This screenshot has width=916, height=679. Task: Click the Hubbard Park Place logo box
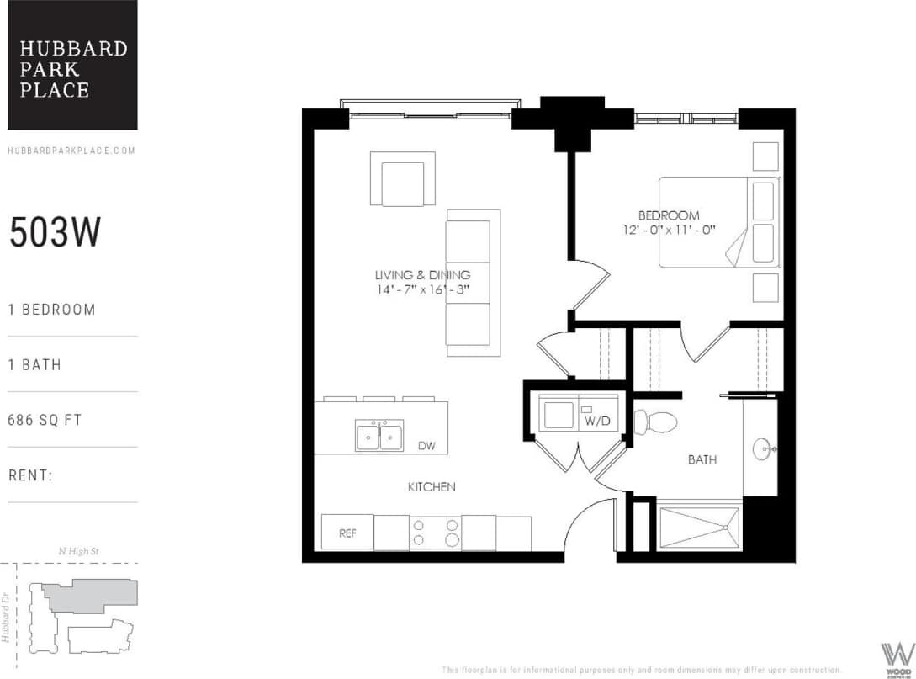72,65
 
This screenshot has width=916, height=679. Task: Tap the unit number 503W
55,233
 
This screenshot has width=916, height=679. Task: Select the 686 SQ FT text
45,420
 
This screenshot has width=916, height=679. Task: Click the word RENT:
31,475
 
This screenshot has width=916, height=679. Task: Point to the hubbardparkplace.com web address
71,151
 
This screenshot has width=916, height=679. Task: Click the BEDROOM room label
668,215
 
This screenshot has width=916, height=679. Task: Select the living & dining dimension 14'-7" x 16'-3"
421,289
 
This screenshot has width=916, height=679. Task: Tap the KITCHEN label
432,486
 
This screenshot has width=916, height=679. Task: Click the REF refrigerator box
347,533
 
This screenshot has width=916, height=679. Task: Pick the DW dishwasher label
426,446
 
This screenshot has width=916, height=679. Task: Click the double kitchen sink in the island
379,436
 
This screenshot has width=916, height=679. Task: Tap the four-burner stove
435,533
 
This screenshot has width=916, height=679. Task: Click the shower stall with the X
698,528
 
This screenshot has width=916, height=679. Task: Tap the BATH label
702,460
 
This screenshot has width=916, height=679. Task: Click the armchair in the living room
402,180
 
